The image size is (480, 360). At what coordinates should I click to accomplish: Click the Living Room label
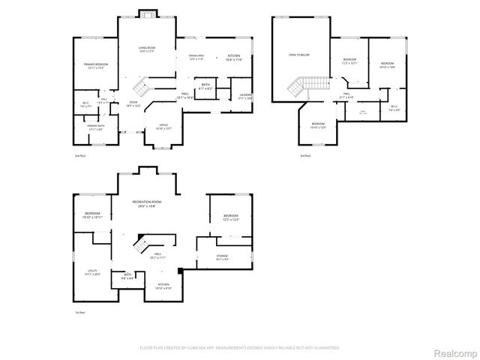point(145,49)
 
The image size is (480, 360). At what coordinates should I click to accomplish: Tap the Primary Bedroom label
point(96,66)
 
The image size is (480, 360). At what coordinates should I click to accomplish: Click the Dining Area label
point(196,57)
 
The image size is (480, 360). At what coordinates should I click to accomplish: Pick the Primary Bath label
point(96,128)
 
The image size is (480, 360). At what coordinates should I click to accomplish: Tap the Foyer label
point(133,104)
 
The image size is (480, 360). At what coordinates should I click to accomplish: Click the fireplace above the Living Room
point(146,13)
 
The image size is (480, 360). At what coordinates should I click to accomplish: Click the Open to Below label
point(299,55)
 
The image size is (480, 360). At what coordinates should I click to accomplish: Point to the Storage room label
point(222,257)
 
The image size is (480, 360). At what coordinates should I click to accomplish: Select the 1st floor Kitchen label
point(163,286)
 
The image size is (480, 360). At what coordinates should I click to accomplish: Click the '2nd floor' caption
point(79,155)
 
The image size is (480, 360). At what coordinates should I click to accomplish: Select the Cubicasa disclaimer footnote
point(240,347)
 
